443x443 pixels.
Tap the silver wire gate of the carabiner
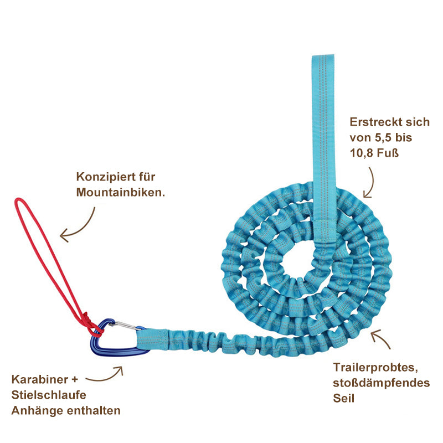coord(126,326)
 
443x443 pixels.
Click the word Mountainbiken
coord(121,192)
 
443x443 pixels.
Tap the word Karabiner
coord(40,379)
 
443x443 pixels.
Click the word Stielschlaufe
coord(49,395)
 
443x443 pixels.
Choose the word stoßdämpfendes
coord(381,383)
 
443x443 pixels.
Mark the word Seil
coord(343,398)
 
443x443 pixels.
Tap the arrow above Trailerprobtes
coord(382,338)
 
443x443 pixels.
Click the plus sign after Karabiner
coord(75,379)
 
